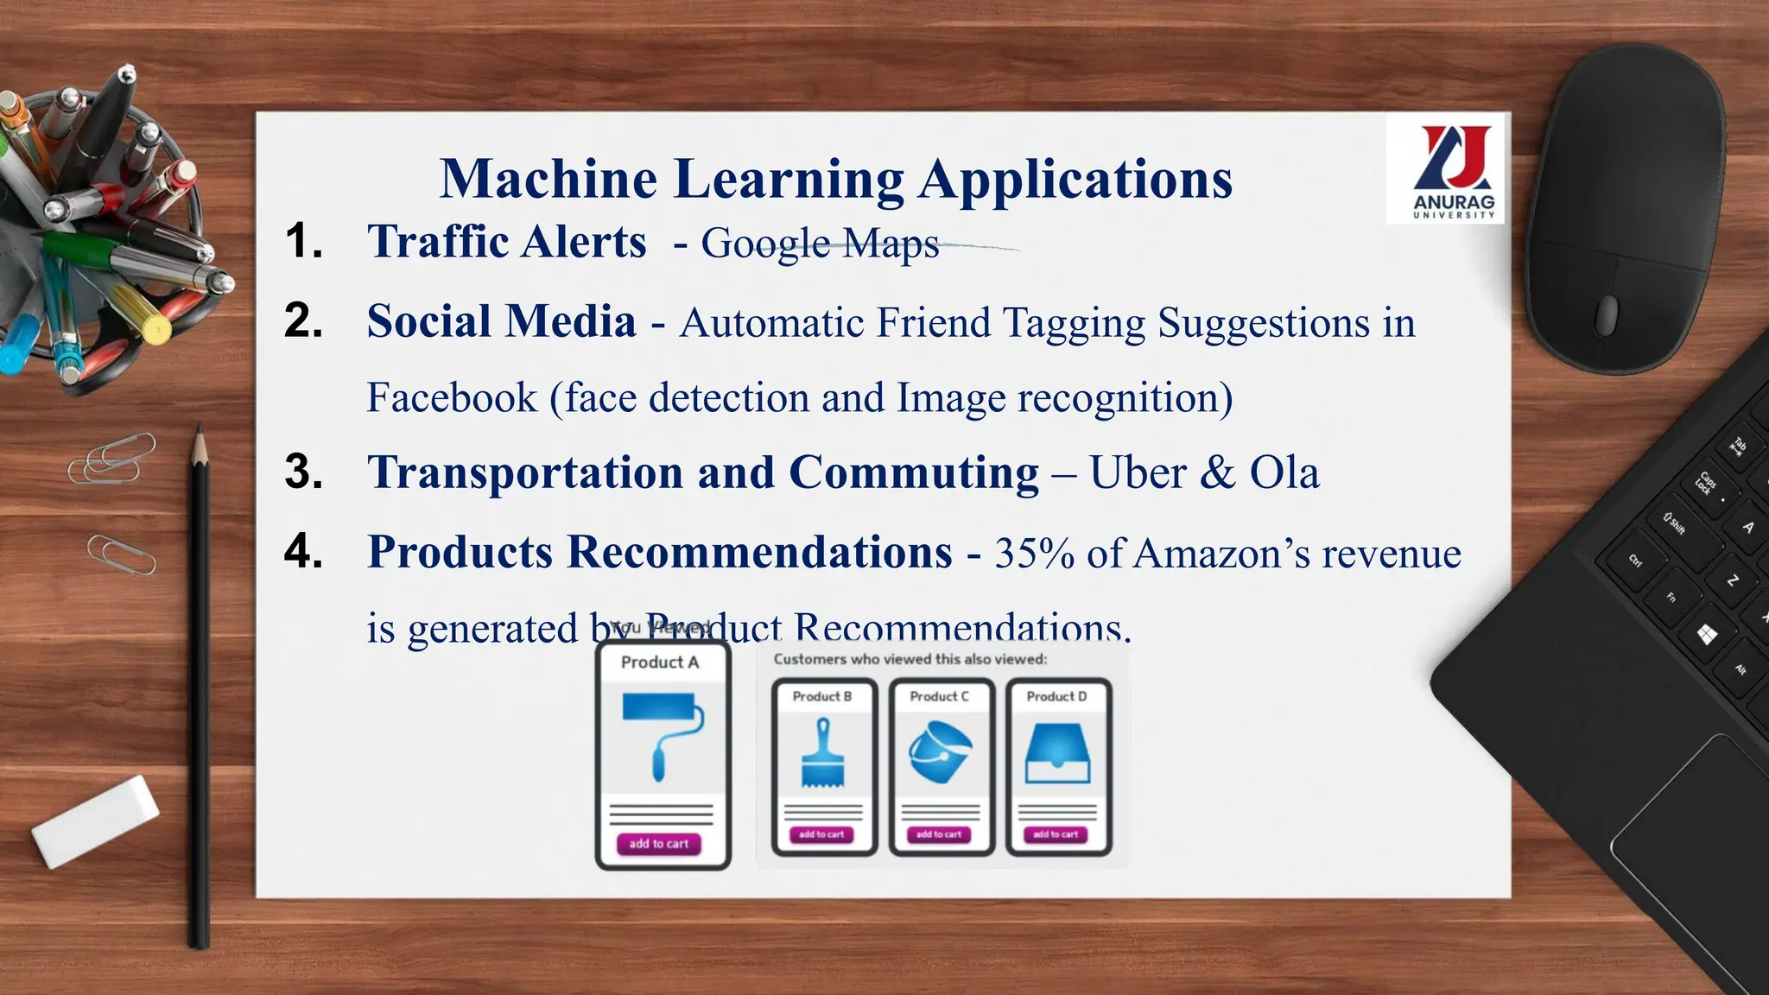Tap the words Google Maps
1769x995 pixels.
pyautogui.click(x=820, y=244)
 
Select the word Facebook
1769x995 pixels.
pyautogui.click(x=452, y=398)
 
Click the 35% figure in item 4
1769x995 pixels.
pyautogui.click(x=1034, y=554)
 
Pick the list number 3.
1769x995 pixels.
pyautogui.click(x=304, y=472)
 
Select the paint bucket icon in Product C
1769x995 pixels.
pyautogui.click(x=940, y=751)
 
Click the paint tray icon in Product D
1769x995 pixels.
pyautogui.click(x=1057, y=753)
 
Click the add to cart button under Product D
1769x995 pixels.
pyautogui.click(x=1056, y=834)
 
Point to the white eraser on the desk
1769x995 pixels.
pyautogui.click(x=95, y=821)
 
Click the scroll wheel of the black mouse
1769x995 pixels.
pyautogui.click(x=1606, y=314)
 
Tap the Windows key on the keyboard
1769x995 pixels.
pyautogui.click(x=1707, y=636)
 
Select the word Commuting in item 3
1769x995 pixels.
pyautogui.click(x=913, y=473)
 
